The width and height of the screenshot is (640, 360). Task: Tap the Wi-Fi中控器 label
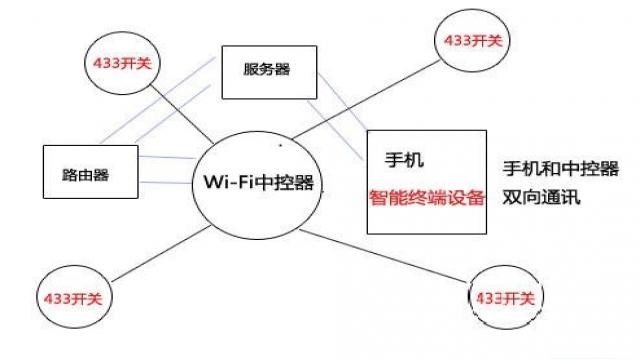(259, 182)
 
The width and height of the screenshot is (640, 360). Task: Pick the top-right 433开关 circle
(470, 41)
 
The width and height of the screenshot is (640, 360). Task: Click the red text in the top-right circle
(470, 41)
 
